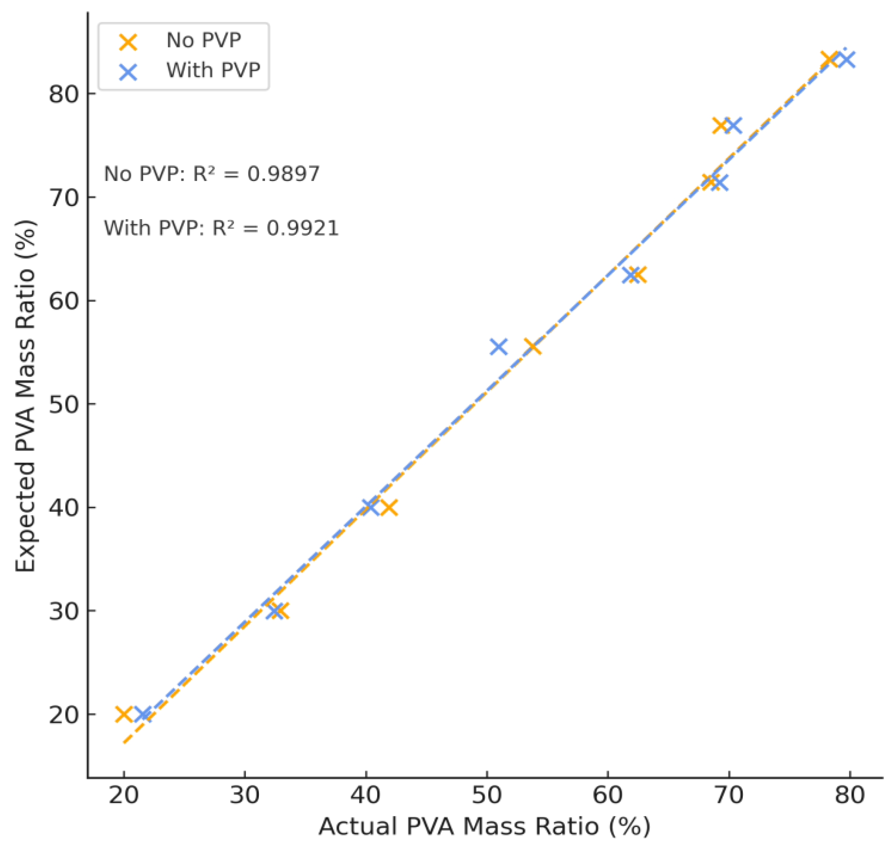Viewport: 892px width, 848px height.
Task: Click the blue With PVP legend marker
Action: [x=128, y=71]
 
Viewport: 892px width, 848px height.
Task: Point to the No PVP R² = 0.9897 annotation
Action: [x=212, y=174]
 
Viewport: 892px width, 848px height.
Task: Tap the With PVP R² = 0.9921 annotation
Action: [x=222, y=228]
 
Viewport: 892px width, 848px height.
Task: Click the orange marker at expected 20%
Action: [x=124, y=714]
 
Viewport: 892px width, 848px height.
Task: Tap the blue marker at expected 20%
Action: [x=143, y=714]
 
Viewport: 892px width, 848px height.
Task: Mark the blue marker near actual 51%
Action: [x=498, y=347]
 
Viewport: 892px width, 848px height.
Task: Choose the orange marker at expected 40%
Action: [x=389, y=508]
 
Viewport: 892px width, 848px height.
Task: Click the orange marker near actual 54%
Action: [x=532, y=347]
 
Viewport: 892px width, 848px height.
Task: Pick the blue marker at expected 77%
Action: [x=733, y=125]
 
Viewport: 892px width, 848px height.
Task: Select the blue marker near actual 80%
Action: [x=846, y=60]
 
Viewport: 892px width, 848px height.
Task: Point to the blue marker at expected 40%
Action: [x=370, y=507]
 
